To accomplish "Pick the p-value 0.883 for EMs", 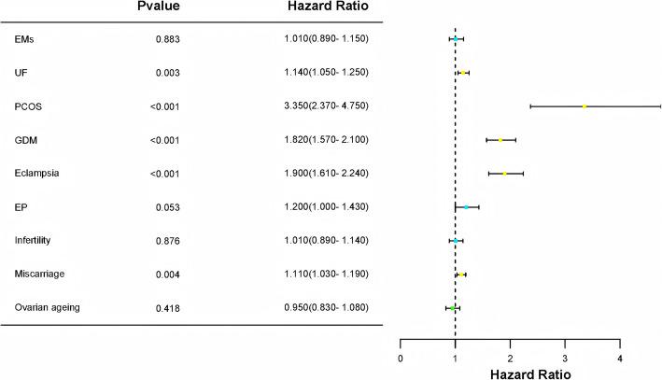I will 167,39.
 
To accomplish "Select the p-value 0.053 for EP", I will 167,207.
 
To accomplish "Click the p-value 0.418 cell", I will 167,308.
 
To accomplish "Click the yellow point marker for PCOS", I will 585,106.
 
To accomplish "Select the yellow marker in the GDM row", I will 500,140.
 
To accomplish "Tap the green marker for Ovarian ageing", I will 453,308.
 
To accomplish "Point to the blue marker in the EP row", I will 467,207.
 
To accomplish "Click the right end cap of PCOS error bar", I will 661,106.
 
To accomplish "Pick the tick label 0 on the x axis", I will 401,357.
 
